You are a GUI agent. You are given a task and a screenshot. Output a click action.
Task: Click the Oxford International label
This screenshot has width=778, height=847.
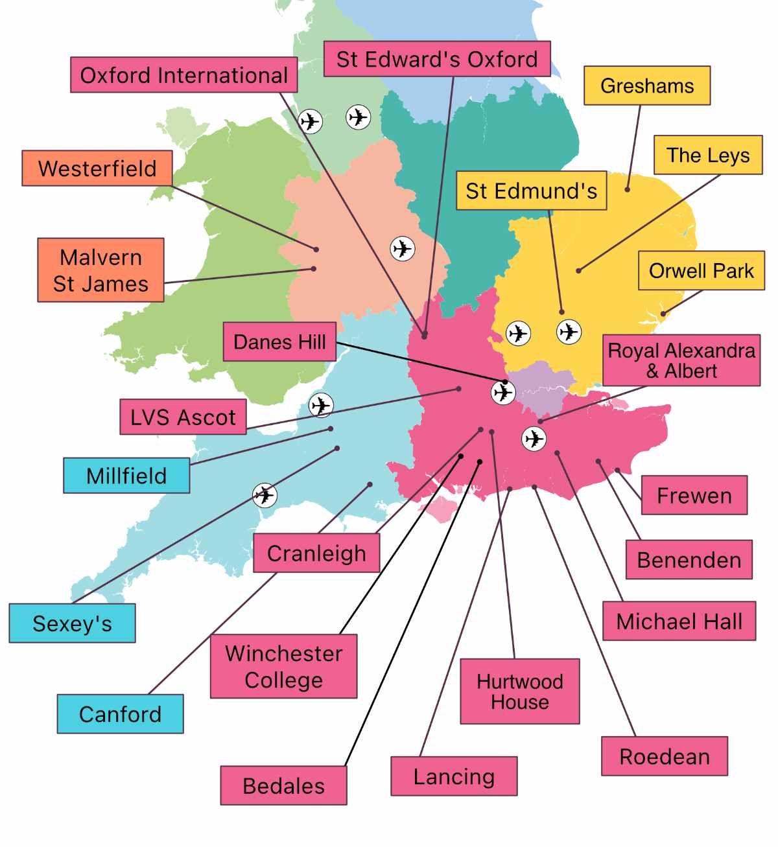tap(184, 75)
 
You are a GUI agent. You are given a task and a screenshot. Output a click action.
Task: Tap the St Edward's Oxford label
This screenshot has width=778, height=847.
tap(437, 59)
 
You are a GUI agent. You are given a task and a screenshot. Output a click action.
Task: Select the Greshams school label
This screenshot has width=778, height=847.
tap(647, 86)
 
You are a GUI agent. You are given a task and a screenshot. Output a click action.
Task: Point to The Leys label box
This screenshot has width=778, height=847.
tap(708, 155)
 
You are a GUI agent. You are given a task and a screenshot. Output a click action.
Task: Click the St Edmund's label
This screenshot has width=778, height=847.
tap(532, 191)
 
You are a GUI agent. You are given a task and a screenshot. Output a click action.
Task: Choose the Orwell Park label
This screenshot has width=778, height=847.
tap(701, 270)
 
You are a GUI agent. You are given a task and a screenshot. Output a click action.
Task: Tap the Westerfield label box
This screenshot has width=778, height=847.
tap(97, 168)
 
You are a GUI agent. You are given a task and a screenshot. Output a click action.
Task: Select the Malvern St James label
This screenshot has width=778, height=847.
tap(100, 270)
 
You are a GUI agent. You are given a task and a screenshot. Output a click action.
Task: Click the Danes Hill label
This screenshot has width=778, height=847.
tap(279, 342)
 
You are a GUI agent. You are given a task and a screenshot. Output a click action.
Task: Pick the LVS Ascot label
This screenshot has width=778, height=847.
tap(183, 417)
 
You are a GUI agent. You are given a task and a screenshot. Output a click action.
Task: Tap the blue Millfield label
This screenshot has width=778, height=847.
tap(126, 476)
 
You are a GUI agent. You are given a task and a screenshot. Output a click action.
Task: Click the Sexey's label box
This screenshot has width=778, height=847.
tap(72, 623)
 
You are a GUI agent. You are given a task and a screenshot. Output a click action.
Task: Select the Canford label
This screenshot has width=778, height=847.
tap(120, 714)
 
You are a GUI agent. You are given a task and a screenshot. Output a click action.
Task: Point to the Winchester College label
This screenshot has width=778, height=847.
tap(283, 667)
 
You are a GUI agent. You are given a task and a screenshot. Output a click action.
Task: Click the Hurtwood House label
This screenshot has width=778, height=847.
tap(520, 691)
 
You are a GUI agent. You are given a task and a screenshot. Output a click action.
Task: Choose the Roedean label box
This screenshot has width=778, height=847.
tap(665, 756)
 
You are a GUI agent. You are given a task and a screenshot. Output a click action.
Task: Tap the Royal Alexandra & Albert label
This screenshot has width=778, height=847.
tap(681, 360)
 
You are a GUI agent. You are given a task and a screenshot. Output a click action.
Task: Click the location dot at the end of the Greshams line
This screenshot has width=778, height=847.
tap(628, 189)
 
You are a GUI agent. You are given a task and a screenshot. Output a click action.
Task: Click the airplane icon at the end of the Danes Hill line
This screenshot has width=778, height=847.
tap(503, 392)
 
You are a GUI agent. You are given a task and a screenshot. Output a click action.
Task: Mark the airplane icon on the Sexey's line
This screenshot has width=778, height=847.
tap(265, 495)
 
